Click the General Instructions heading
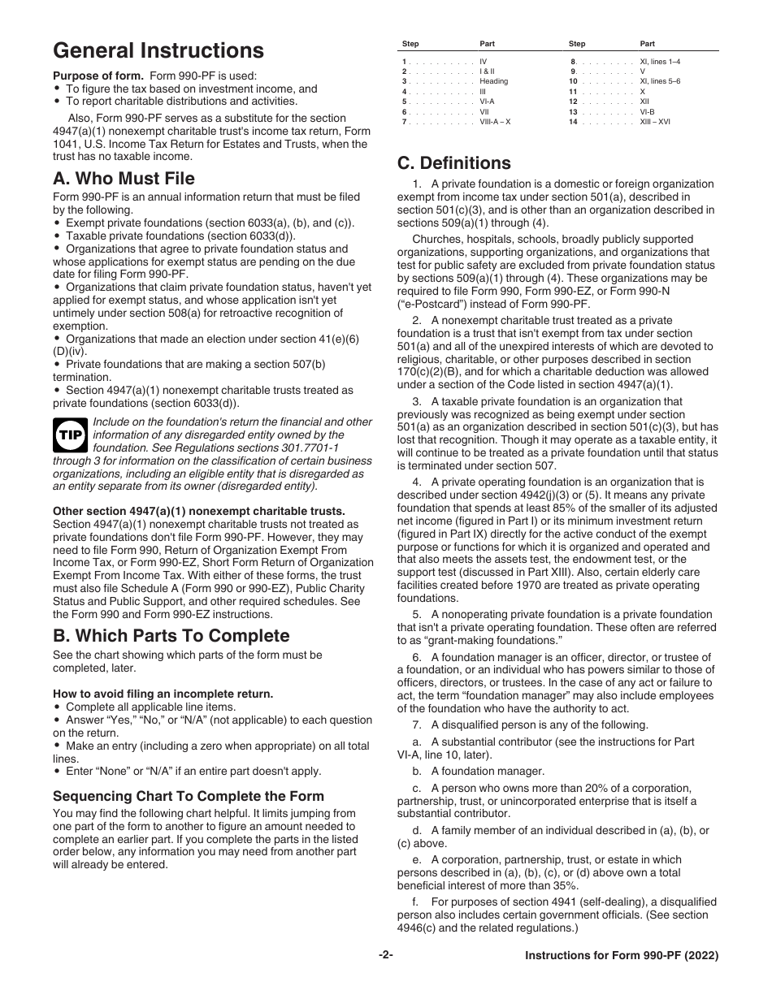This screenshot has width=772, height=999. [x=158, y=50]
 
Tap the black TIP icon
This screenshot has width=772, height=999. [x=71, y=436]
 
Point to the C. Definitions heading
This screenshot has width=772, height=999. [x=454, y=163]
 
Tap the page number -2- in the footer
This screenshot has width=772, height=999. [x=386, y=955]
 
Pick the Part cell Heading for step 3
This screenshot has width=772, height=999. [x=493, y=81]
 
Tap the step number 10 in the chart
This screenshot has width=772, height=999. [x=572, y=81]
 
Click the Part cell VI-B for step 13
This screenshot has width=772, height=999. [x=647, y=112]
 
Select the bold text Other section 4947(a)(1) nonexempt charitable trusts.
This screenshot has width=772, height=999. [x=199, y=511]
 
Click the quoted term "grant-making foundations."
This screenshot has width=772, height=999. [x=492, y=641]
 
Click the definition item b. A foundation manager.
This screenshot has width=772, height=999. [x=478, y=771]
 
